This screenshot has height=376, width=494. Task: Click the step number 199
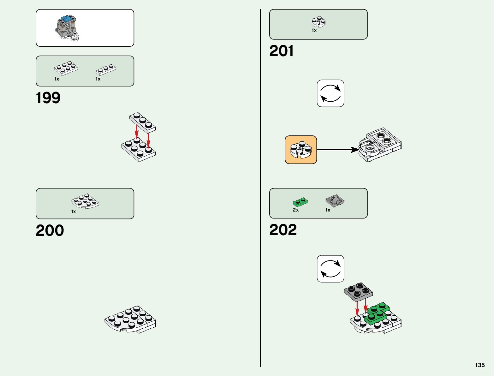[48, 98]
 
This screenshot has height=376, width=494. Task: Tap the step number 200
[50, 230]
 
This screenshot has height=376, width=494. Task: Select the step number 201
[281, 51]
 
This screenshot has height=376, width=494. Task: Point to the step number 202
[283, 230]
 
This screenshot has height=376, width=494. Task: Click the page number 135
[480, 365]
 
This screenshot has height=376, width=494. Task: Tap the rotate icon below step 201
[330, 93]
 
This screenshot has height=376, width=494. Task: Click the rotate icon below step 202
[330, 269]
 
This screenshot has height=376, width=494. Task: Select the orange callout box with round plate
[301, 150]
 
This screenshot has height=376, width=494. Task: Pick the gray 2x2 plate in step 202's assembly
[358, 291]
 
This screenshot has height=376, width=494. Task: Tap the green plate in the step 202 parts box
[300, 202]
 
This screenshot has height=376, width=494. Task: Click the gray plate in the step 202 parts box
[335, 200]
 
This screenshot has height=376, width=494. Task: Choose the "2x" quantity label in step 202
[296, 210]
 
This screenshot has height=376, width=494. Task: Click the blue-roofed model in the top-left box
[67, 28]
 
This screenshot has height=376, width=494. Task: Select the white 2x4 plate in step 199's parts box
[66, 68]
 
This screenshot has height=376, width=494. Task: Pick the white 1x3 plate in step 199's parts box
[106, 69]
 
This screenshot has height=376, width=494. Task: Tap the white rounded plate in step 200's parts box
[85, 201]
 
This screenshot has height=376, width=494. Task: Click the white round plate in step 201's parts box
[318, 22]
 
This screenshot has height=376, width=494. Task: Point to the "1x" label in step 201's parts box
[314, 31]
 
